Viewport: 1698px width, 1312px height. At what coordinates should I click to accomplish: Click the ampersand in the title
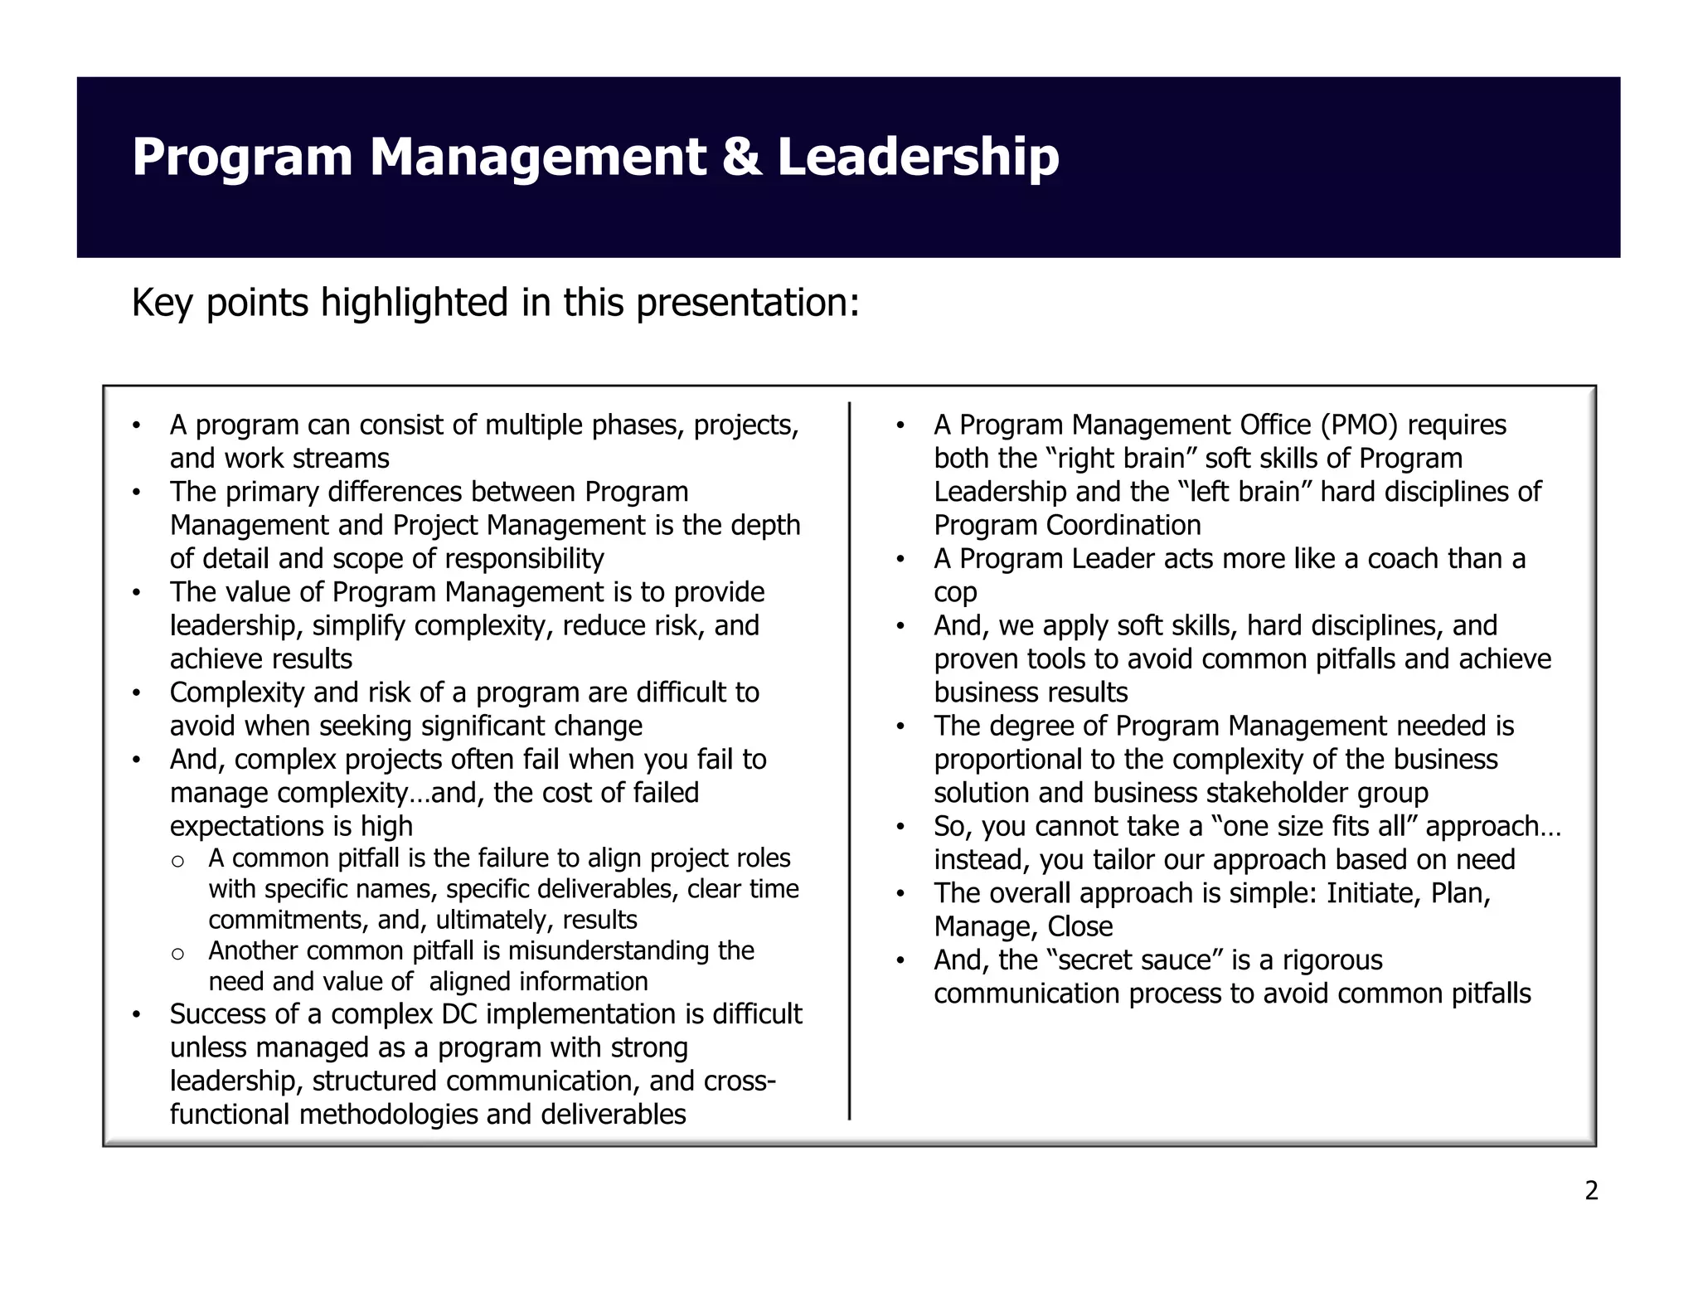point(741,157)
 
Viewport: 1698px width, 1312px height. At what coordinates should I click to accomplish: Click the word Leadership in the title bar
point(918,157)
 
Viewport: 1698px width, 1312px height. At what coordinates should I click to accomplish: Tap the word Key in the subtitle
point(163,304)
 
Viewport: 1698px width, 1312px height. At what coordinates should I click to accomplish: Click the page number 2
point(1591,1191)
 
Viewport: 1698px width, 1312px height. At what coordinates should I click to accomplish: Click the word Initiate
point(1371,893)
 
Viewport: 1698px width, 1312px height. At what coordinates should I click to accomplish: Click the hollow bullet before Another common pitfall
point(177,953)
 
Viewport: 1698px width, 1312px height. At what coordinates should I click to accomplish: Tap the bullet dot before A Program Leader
point(900,560)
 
